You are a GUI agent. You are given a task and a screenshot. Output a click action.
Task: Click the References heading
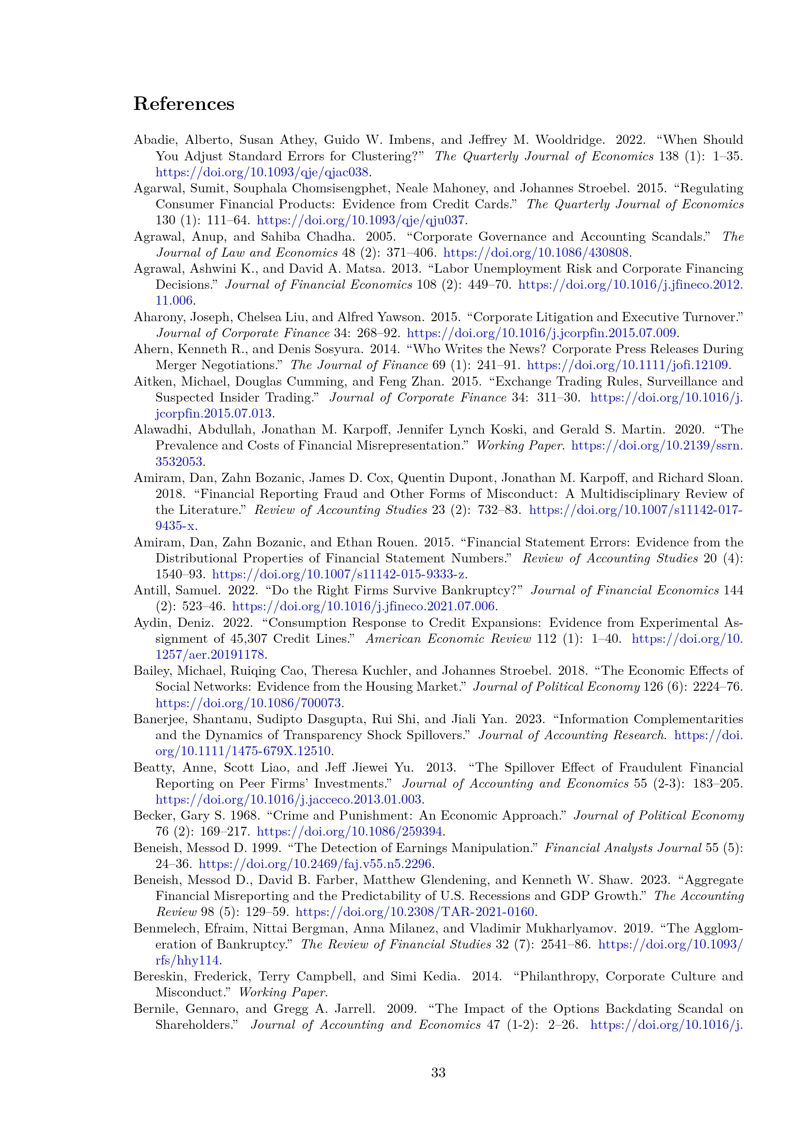coord(184,104)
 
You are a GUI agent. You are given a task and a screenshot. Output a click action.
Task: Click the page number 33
coord(438,1072)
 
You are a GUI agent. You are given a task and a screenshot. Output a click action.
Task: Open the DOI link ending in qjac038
coord(262,172)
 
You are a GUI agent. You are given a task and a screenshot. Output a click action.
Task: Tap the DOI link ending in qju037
coord(361,220)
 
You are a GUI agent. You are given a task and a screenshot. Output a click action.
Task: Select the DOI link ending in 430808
coord(536,253)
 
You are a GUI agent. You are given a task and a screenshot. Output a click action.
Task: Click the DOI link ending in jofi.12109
coord(627,365)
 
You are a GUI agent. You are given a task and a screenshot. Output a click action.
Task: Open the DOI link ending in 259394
coord(349,832)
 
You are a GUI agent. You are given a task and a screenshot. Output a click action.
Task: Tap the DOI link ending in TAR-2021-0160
coord(415,912)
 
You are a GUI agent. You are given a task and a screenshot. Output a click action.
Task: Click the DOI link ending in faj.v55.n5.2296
coord(315,864)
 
